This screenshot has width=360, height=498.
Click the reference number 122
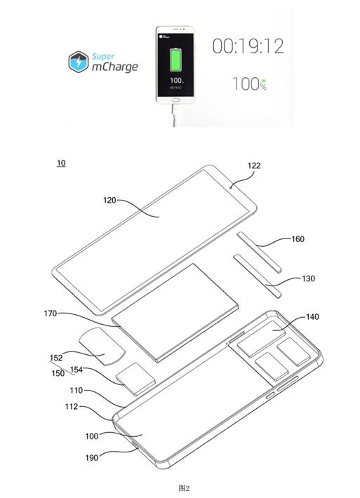click(253, 166)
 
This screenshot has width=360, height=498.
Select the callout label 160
click(298, 238)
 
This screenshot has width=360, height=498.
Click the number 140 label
click(312, 317)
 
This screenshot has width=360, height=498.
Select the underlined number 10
click(61, 163)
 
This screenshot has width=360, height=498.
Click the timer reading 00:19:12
click(248, 47)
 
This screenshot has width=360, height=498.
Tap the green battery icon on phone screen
click(175, 60)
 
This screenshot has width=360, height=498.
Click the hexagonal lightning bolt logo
click(81, 62)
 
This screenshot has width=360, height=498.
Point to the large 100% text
click(249, 85)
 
